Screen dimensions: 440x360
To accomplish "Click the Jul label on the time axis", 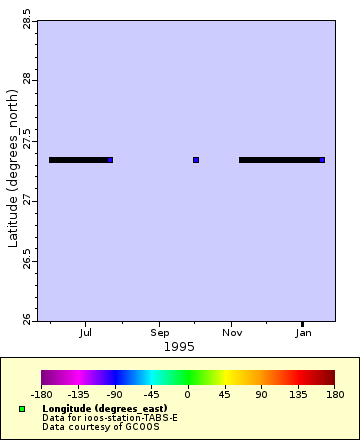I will (86, 333).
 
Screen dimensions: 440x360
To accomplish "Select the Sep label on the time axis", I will (160, 333).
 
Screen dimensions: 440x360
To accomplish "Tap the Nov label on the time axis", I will (232, 333).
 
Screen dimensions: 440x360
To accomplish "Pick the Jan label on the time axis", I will (303, 333).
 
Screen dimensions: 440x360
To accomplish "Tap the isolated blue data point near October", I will (196, 160).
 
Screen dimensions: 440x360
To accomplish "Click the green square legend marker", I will (22, 409).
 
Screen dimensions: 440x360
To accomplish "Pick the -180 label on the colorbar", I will (42, 396).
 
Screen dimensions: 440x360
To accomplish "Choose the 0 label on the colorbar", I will (188, 396).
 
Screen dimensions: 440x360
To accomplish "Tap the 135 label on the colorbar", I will (298, 396).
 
